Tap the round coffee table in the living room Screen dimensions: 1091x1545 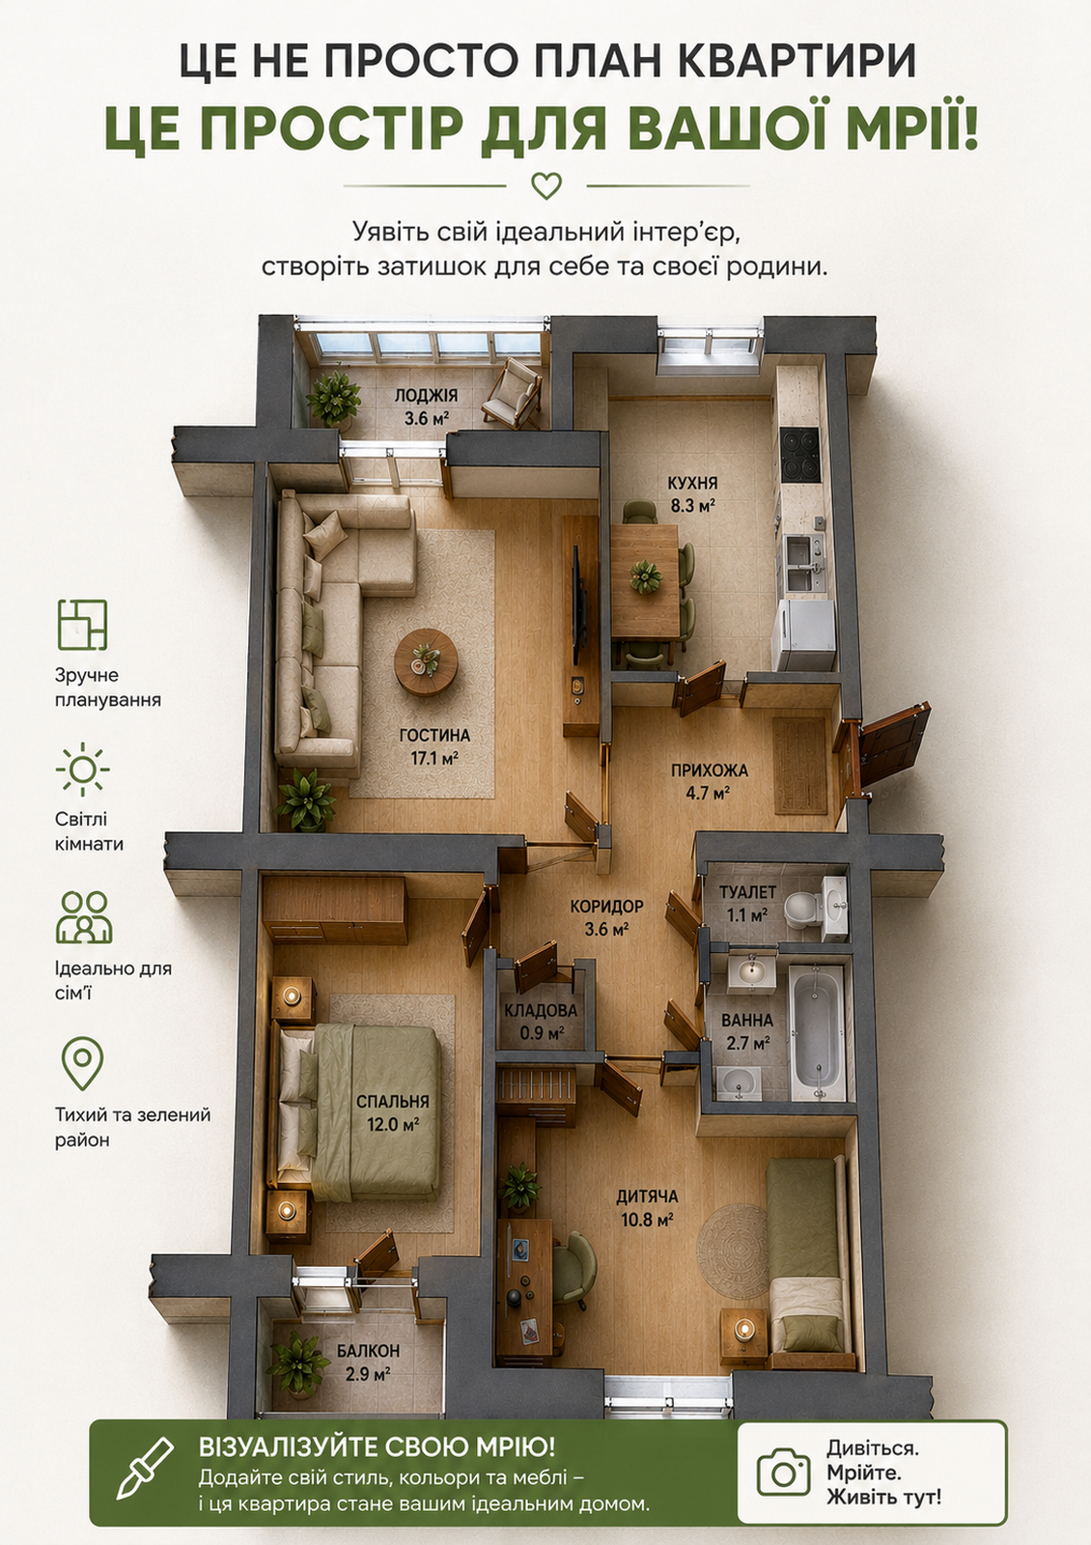(x=426, y=662)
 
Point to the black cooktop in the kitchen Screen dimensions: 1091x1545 (x=800, y=455)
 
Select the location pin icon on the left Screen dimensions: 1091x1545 (x=82, y=1063)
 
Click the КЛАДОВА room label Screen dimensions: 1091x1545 (x=540, y=1010)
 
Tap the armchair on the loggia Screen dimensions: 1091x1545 (x=512, y=394)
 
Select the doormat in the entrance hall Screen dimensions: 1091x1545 (x=800, y=766)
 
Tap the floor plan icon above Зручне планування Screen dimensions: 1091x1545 (x=82, y=625)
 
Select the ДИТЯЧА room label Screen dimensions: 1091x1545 (x=647, y=1196)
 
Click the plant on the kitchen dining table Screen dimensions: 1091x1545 (x=646, y=576)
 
